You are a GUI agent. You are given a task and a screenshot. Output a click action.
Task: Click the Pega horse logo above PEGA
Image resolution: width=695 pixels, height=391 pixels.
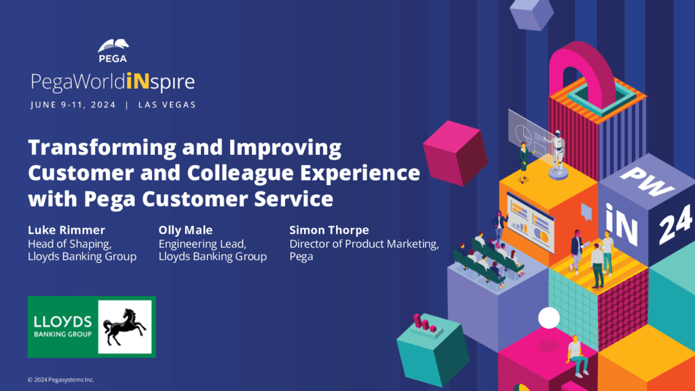point(113,45)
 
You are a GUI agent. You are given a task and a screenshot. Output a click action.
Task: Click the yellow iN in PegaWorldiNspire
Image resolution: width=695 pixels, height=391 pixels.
point(137,81)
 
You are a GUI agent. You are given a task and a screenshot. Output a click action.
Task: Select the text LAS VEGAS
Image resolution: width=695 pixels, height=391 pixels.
point(167,105)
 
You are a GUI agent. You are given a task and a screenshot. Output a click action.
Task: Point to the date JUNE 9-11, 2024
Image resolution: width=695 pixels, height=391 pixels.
point(73,105)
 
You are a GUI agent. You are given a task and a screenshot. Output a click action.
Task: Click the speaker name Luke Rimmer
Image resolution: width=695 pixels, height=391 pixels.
point(67,230)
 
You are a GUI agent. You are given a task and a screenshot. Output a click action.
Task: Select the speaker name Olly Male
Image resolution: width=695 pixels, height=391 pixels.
point(185,230)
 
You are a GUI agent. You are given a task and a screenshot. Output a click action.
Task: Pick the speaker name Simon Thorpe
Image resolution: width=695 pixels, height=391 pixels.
point(329,230)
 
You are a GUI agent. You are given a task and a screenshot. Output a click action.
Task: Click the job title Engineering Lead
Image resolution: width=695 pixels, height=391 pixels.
point(202,244)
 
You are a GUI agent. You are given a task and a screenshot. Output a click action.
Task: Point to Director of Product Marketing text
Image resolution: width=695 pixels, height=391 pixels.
point(364,244)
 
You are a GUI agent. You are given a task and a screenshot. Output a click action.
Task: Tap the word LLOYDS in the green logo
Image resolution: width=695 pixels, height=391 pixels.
point(62,322)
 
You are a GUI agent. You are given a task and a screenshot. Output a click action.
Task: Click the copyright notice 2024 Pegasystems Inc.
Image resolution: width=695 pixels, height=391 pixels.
point(60,380)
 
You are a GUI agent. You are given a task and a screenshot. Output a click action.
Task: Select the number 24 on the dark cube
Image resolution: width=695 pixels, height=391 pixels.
point(675,225)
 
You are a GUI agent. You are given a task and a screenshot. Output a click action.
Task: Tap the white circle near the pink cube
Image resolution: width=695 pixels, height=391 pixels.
point(548,318)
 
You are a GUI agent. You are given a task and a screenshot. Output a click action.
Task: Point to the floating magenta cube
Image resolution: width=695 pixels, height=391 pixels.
point(455,153)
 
